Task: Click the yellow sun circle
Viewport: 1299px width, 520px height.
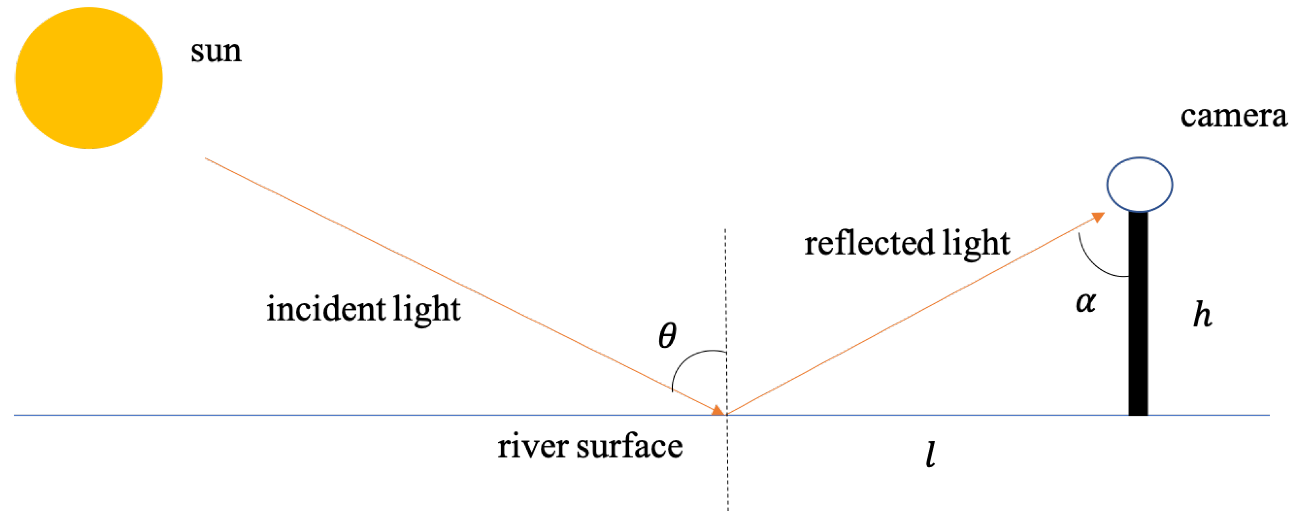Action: (89, 78)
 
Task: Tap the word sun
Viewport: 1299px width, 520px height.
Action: (216, 52)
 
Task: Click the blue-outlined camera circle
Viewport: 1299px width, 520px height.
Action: (1139, 184)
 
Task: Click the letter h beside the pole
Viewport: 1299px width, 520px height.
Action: (1202, 315)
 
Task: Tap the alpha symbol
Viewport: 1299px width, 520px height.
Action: (1085, 303)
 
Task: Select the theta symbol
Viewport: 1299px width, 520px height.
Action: (667, 336)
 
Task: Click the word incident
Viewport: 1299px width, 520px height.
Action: (325, 309)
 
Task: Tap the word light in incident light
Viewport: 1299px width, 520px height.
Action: (427, 309)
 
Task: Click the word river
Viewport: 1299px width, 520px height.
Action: (532, 447)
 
